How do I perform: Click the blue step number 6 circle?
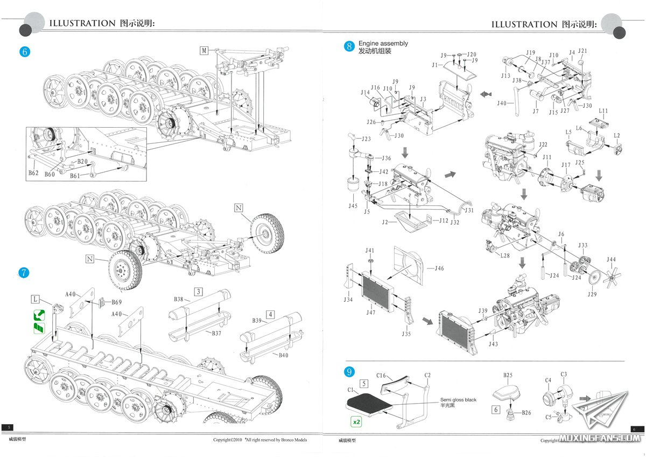pyautogui.click(x=24, y=52)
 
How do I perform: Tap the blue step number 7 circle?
pyautogui.click(x=24, y=273)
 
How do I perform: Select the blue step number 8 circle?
pyautogui.click(x=349, y=46)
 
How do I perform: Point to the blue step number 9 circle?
pyautogui.click(x=349, y=372)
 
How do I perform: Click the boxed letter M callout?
pyautogui.click(x=204, y=50)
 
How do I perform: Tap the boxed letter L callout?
pyautogui.click(x=36, y=298)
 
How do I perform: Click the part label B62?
pyautogui.click(x=33, y=174)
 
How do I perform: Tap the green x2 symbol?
pyautogui.click(x=356, y=422)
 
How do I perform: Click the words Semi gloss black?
pyautogui.click(x=458, y=400)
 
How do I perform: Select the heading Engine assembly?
pyautogui.click(x=383, y=43)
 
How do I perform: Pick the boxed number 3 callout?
pyautogui.click(x=199, y=292)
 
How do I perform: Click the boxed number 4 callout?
pyautogui.click(x=270, y=314)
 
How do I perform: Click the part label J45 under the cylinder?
pyautogui.click(x=353, y=205)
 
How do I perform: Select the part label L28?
pyautogui.click(x=504, y=255)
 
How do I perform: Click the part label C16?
pyautogui.click(x=381, y=375)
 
